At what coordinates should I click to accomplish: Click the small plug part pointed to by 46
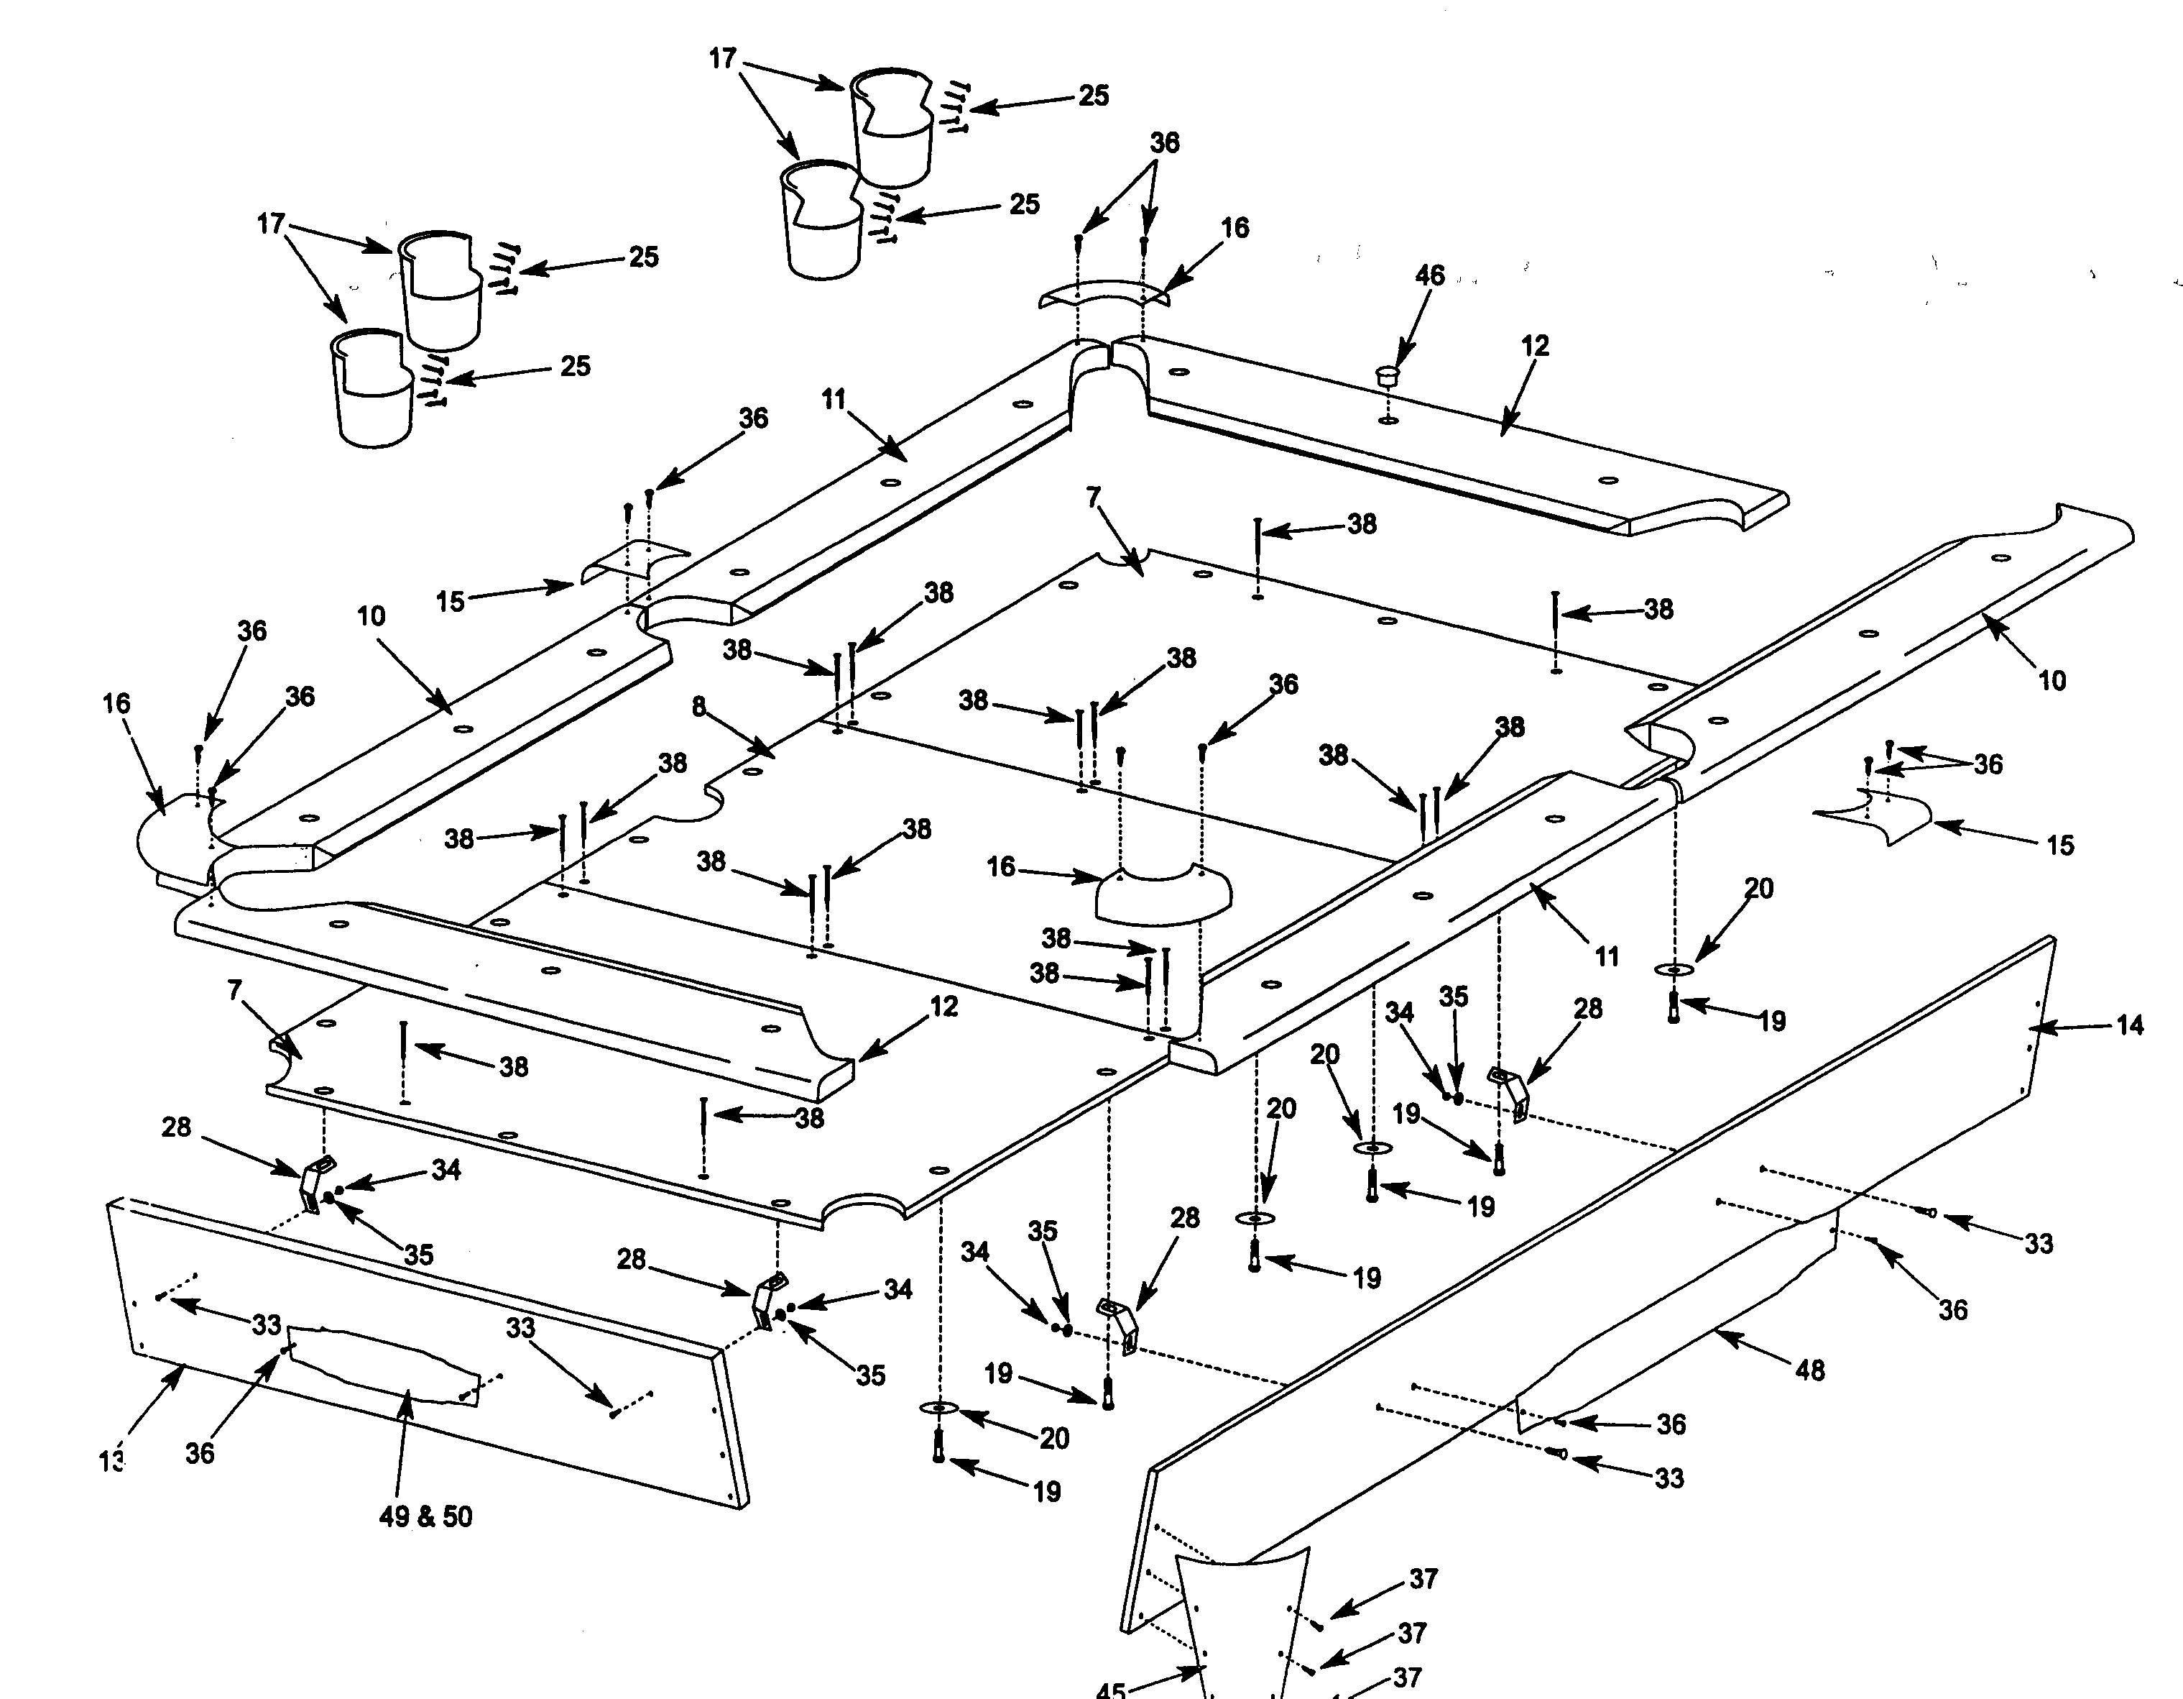click(x=1388, y=377)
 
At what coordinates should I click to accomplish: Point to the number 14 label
click(x=2130, y=1025)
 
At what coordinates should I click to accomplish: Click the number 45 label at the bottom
click(x=1110, y=1689)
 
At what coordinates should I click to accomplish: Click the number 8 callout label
click(x=698, y=707)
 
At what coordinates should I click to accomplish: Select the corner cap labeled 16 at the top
click(x=1102, y=294)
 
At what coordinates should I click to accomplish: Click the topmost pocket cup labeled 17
click(x=892, y=125)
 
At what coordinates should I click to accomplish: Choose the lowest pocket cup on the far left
click(x=374, y=390)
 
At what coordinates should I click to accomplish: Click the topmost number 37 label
click(x=1423, y=1578)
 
